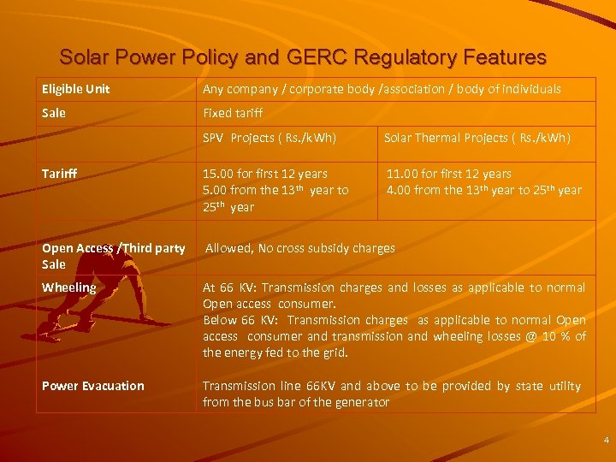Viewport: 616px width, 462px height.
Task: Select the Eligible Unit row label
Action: tap(76, 89)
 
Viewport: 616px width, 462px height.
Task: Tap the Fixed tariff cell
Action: tap(233, 113)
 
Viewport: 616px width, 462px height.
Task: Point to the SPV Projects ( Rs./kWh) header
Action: tap(269, 138)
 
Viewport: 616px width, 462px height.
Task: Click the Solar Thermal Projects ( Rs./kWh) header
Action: tap(477, 138)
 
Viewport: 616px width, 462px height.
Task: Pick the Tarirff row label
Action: tap(59, 174)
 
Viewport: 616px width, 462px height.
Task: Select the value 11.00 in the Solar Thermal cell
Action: tap(404, 174)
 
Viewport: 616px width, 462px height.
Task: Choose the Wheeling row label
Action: tap(68, 287)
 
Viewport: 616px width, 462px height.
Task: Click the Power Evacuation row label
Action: tap(93, 386)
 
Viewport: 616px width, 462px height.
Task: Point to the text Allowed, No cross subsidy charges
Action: tap(299, 248)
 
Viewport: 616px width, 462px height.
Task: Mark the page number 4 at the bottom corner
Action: tap(606, 440)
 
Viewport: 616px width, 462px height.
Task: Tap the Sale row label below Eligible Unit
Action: tap(53, 113)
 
